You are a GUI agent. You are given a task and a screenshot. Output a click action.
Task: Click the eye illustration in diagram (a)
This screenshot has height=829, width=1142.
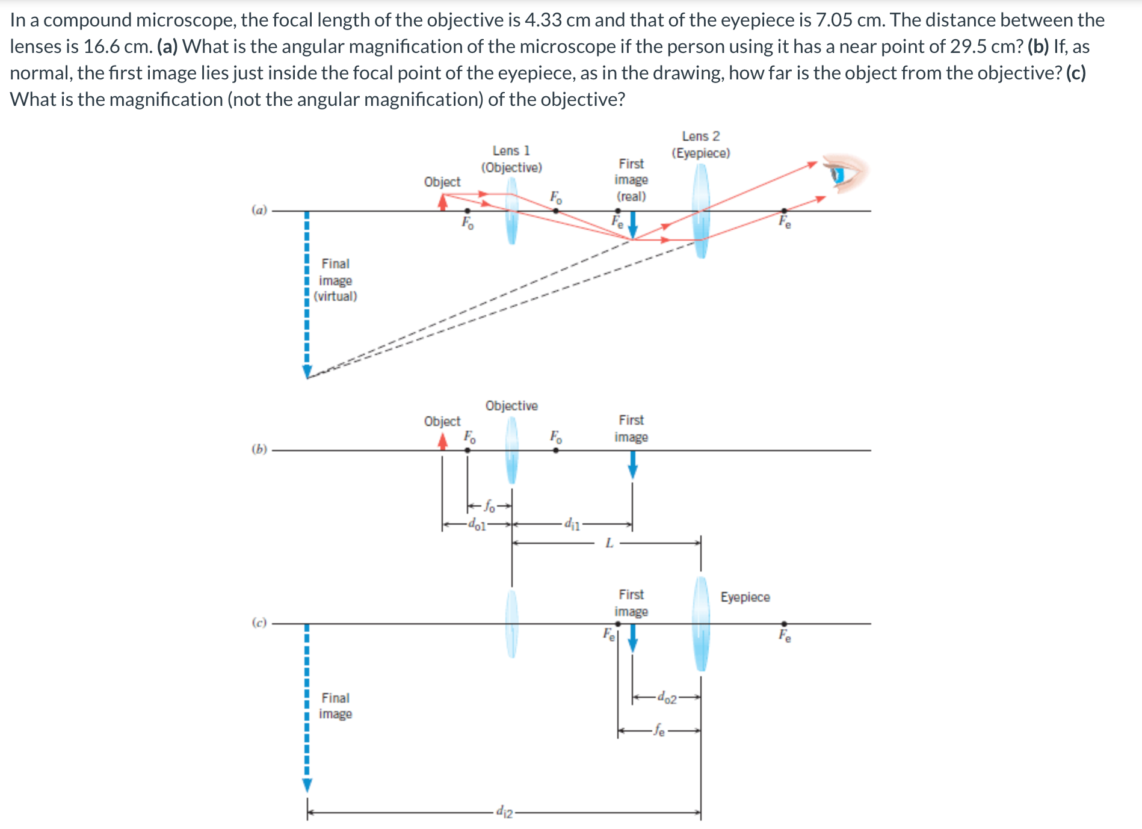tap(845, 173)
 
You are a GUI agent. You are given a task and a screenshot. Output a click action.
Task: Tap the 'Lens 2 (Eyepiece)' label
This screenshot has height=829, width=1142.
tap(700, 145)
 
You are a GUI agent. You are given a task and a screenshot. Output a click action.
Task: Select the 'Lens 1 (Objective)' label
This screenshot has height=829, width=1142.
tap(511, 159)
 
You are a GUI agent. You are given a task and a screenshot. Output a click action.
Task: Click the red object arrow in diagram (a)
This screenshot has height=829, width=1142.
tap(443, 202)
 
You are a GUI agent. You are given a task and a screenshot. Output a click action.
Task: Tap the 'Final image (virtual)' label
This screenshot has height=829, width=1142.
tap(335, 280)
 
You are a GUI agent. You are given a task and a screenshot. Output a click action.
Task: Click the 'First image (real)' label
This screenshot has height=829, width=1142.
tap(631, 180)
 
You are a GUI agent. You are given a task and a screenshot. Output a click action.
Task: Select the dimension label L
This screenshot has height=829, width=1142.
tap(609, 543)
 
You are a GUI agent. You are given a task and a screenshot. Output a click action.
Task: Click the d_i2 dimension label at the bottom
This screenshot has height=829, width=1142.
tap(504, 812)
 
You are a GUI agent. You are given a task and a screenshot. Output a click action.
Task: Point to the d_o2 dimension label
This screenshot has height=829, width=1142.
tap(667, 698)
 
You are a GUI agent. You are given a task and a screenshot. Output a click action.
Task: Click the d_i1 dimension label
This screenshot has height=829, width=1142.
tap(572, 525)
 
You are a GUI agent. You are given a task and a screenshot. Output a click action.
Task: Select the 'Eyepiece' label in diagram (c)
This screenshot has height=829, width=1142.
tap(745, 597)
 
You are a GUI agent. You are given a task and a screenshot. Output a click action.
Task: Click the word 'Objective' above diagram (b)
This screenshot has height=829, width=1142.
tap(511, 405)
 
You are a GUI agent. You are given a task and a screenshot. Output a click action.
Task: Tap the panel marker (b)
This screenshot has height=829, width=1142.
tap(259, 449)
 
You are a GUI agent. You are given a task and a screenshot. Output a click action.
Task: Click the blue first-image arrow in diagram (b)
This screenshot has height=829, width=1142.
tap(632, 464)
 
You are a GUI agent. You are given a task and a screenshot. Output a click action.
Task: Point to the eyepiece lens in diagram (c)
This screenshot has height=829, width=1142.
tap(701, 624)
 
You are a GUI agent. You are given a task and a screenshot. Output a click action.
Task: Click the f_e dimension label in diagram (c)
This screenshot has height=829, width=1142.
tap(659, 731)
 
